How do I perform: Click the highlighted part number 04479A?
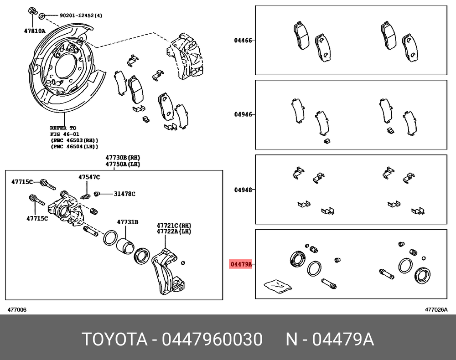point(240,264)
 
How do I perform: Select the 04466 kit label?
point(243,40)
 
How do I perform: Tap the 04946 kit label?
point(243,115)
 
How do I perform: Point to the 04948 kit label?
point(243,190)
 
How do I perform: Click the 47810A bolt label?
point(35,31)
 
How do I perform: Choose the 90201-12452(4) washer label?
point(81,16)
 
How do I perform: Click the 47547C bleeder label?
point(89,177)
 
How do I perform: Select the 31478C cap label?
point(124,194)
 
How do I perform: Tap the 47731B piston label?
point(128,222)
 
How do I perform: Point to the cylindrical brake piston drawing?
point(125,246)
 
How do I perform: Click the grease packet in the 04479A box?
point(277,284)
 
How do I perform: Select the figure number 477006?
point(17,310)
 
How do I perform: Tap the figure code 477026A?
point(436,310)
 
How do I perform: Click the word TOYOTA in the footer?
point(114,339)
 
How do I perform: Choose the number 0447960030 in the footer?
point(212,339)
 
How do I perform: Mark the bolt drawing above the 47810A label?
point(33,11)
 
